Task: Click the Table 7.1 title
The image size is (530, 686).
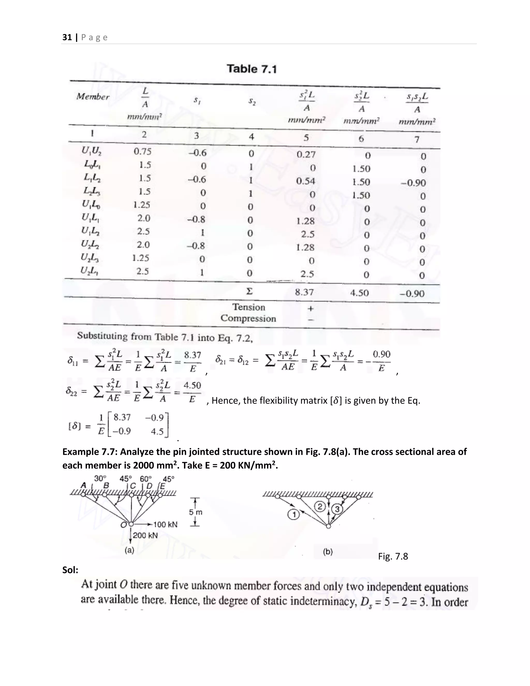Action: point(252,69)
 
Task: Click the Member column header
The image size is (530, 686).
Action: point(93,97)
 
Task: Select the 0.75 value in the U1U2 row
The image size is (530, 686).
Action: point(143,152)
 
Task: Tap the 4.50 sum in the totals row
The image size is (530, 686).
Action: point(359,293)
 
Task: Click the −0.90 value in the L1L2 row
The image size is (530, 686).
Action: point(414,183)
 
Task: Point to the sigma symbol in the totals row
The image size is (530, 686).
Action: point(249,292)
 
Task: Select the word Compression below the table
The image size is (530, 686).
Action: point(248,318)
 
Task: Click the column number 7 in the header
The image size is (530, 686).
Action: point(417,139)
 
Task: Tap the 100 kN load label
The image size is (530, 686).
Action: point(165,524)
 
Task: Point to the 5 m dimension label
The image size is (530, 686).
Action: point(196,512)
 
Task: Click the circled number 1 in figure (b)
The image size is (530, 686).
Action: point(293,515)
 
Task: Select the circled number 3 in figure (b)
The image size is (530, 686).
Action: point(337,508)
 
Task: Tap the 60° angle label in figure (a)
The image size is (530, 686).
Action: point(146,479)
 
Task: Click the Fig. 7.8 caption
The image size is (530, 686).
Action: point(393,556)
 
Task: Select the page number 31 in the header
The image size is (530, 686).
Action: point(67,37)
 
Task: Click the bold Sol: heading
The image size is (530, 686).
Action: point(70,570)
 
